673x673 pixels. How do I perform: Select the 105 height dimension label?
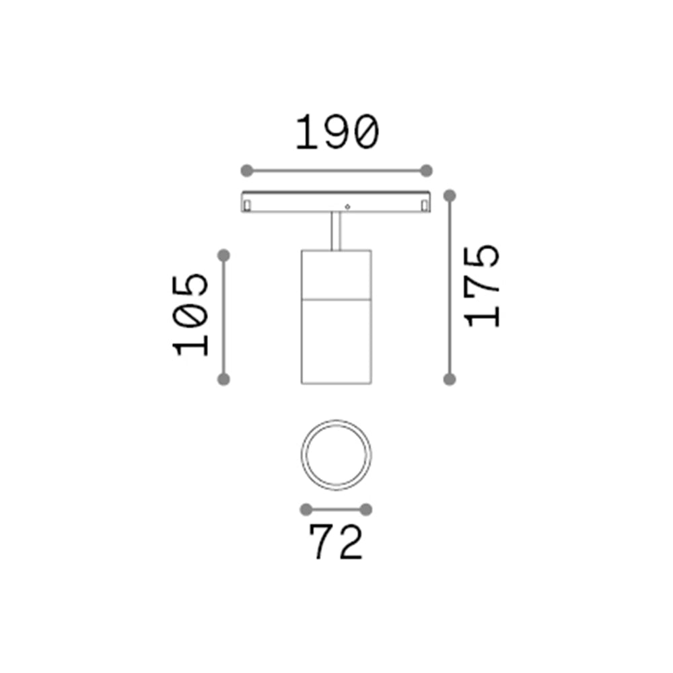pyautogui.click(x=191, y=314)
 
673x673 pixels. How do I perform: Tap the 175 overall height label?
pyautogui.click(x=483, y=286)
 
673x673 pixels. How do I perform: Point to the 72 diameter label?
pyautogui.click(x=336, y=542)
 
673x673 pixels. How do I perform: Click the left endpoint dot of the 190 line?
pyautogui.click(x=246, y=170)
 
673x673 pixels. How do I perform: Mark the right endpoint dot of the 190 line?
pyautogui.click(x=425, y=170)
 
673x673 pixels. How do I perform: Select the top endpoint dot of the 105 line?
pyautogui.click(x=224, y=255)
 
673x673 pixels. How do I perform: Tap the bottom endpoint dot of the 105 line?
pyautogui.click(x=224, y=380)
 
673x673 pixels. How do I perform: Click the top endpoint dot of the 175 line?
pyautogui.click(x=450, y=195)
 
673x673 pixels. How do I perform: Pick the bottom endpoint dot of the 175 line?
pyautogui.click(x=450, y=380)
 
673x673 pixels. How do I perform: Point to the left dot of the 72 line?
pyautogui.click(x=306, y=509)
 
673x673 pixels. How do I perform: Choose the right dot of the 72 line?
pyautogui.click(x=366, y=509)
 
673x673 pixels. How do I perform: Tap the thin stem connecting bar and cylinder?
pyautogui.click(x=336, y=232)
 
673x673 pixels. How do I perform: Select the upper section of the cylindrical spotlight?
pyautogui.click(x=336, y=273)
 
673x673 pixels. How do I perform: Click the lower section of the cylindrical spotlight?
pyautogui.click(x=336, y=340)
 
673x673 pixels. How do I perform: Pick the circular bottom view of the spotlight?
pyautogui.click(x=336, y=454)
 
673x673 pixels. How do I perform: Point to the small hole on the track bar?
pyautogui.click(x=347, y=205)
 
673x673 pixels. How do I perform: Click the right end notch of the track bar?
pyautogui.click(x=424, y=204)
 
